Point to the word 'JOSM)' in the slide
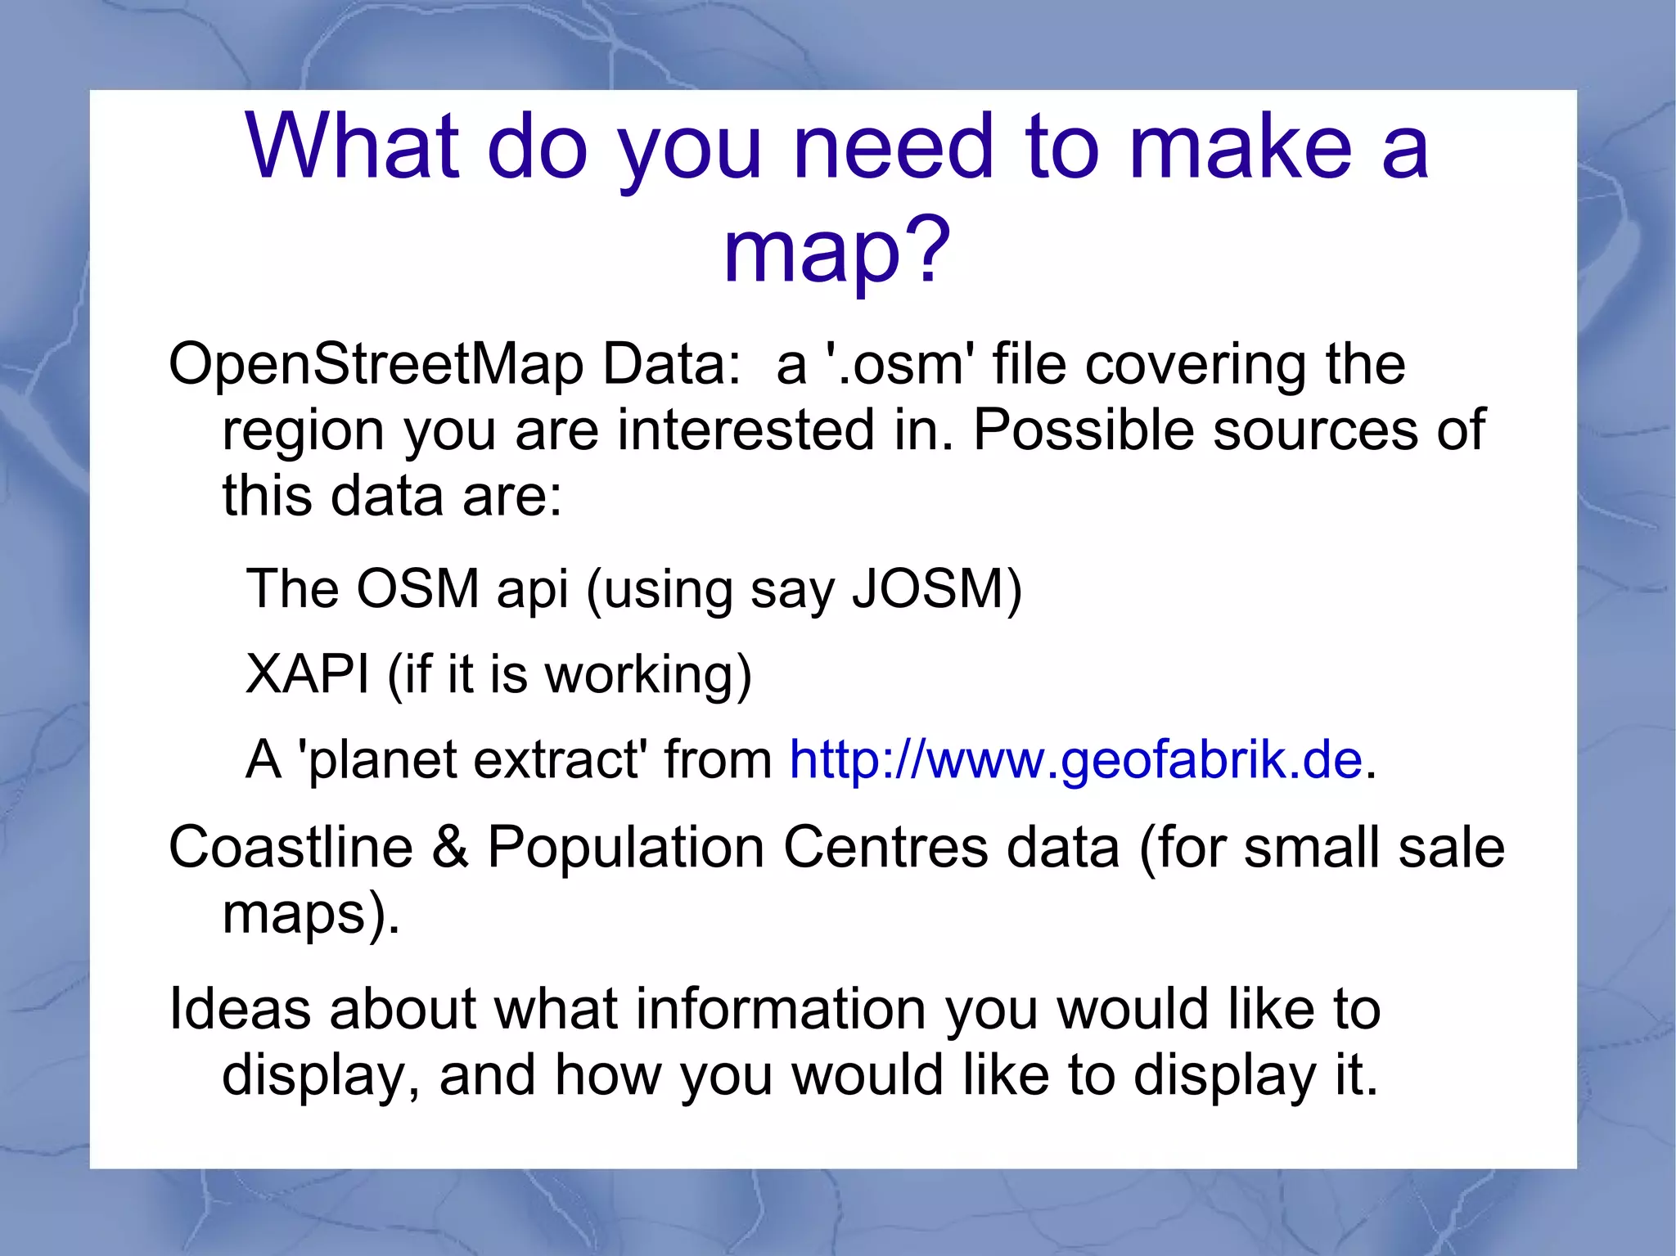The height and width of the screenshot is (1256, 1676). coord(938,588)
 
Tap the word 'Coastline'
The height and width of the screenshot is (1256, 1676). coord(291,847)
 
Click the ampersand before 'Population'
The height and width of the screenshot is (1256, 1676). coord(450,847)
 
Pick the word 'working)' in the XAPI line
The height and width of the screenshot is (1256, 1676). coord(648,674)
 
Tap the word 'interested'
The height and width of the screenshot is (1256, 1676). coord(746,430)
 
